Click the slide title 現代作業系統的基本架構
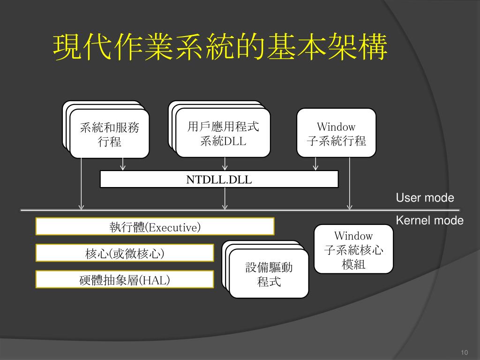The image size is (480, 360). click(220, 47)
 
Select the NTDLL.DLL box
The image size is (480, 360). click(219, 179)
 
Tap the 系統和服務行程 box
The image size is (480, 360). click(109, 134)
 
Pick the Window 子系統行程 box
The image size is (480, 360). click(336, 133)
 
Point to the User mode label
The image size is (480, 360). click(425, 198)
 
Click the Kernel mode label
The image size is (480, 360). click(429, 221)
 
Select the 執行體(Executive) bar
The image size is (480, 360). click(155, 227)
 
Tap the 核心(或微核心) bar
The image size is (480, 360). click(125, 253)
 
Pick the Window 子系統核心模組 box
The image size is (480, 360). click(353, 249)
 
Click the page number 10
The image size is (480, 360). click(465, 352)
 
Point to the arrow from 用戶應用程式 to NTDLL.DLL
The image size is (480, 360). click(225, 164)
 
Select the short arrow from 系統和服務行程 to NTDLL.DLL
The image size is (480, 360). click(123, 164)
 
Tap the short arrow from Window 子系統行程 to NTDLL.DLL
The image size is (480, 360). click(315, 164)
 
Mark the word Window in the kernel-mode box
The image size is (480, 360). click(353, 236)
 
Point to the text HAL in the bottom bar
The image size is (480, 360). click(157, 280)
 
